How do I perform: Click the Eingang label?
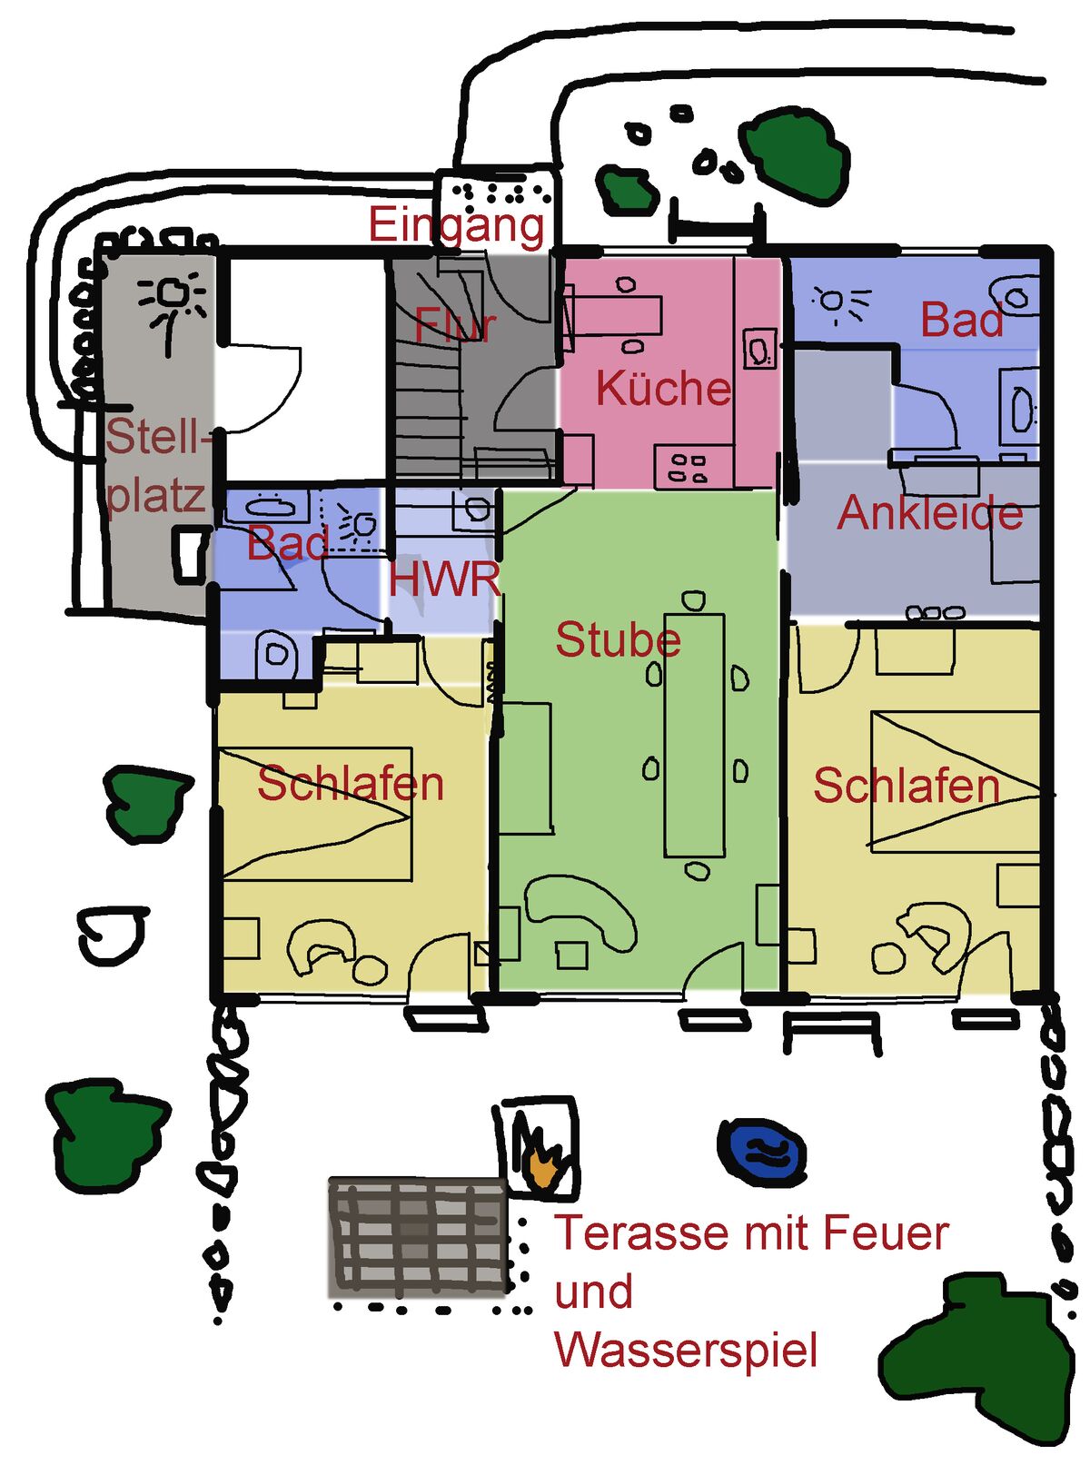tap(456, 224)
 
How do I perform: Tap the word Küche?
tap(663, 389)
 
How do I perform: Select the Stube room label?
tap(618, 640)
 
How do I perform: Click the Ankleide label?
tap(929, 514)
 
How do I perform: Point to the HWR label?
tap(444, 579)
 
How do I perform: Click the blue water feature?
tap(761, 1152)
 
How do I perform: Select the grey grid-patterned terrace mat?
tap(418, 1235)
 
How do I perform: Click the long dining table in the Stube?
tap(695, 736)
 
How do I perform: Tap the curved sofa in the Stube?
tap(582, 908)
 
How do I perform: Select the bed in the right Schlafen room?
tap(954, 781)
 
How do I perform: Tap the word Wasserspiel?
tap(686, 1351)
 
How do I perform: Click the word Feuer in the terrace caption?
tap(886, 1233)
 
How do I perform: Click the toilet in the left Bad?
tap(276, 653)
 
